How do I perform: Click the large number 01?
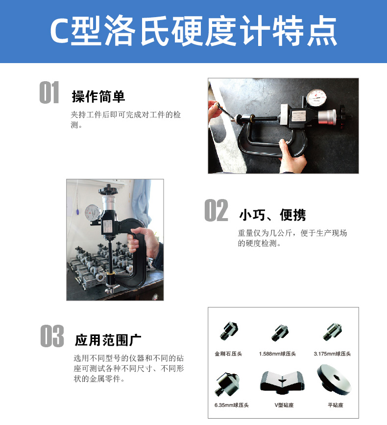pos(49,92)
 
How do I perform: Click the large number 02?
pos(216,210)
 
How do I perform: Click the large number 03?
pos(52,336)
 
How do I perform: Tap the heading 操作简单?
pos(98,96)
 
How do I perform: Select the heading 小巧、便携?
pos(272,215)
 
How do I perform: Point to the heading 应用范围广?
pos(108,340)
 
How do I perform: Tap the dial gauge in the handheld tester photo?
pos(93,213)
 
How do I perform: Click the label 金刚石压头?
pos(228,354)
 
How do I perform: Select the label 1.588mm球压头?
pos(277,354)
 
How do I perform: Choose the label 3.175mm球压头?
pos(332,354)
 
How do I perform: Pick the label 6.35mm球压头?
pos(231,405)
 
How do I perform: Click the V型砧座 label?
pos(284,405)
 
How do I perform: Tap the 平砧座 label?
pos(336,405)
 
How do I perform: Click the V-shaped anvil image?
pos(283,382)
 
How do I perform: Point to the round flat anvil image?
pos(334,380)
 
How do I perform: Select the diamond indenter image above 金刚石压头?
pos(229,331)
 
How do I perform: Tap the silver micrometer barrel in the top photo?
pos(328,117)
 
